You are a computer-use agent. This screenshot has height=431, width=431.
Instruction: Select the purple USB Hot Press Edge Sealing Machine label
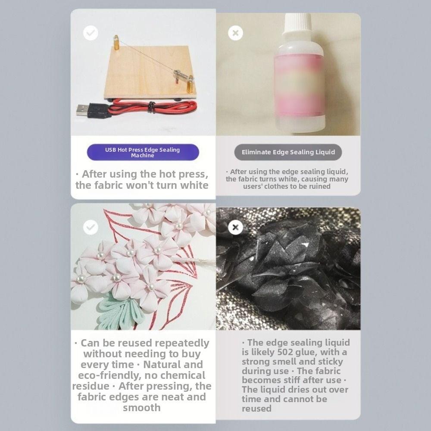pyautogui.click(x=143, y=152)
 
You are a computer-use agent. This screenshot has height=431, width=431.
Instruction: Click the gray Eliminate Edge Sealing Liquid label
pyautogui.click(x=288, y=152)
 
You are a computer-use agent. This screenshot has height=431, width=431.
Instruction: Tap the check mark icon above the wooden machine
pyautogui.click(x=91, y=33)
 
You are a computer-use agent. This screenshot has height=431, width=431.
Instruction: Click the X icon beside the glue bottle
pyautogui.click(x=236, y=33)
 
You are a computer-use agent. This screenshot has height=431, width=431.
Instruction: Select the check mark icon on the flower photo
pyautogui.click(x=91, y=227)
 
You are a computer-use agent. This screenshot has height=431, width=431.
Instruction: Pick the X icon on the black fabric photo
pyautogui.click(x=236, y=227)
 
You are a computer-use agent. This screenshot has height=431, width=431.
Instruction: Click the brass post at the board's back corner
pyautogui.click(x=116, y=42)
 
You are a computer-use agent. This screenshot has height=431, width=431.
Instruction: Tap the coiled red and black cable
pyautogui.click(x=153, y=107)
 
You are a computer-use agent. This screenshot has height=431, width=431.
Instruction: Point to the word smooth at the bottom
pyautogui.click(x=141, y=408)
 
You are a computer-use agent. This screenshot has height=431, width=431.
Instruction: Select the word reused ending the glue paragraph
pyautogui.click(x=256, y=409)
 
